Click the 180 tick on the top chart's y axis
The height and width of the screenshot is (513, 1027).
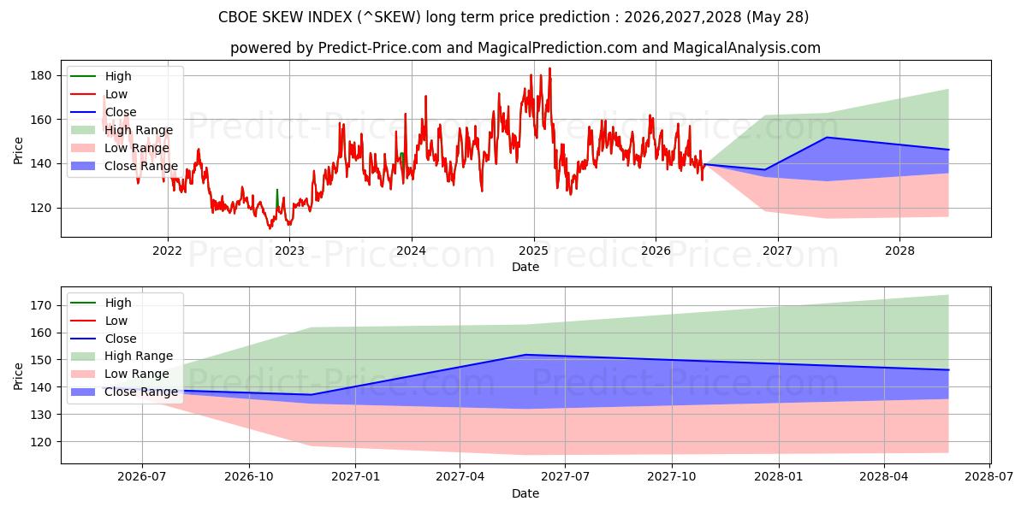40,75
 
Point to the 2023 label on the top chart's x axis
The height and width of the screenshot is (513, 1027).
289,251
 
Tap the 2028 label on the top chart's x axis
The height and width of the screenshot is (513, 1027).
899,251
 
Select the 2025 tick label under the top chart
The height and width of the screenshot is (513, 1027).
534,251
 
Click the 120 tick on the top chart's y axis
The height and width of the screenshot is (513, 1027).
40,208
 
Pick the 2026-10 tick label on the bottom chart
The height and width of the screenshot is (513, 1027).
249,477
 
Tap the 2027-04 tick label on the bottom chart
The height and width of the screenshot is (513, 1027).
460,477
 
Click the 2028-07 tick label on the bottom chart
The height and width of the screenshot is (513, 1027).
989,477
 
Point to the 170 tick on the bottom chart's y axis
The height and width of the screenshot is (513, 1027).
40,305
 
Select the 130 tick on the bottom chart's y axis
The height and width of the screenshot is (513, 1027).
40,415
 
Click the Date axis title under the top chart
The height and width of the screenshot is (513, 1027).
525,267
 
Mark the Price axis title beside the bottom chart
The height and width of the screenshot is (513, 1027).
18,376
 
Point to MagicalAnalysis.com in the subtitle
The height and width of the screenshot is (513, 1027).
747,48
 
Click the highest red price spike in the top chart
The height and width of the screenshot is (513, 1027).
549,68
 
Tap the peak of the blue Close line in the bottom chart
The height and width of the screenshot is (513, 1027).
525,355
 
